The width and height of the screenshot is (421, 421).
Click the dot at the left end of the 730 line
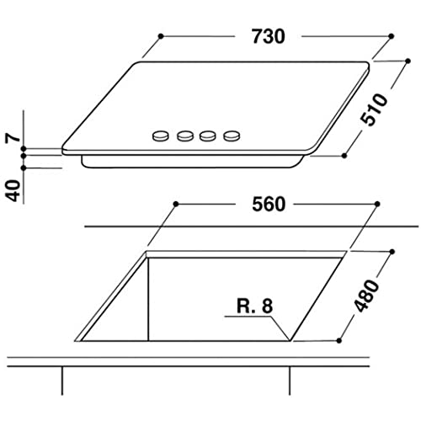159,35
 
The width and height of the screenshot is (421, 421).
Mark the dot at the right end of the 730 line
392,35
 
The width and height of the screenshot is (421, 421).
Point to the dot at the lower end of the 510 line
345,155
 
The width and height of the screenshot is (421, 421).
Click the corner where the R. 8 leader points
291,339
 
